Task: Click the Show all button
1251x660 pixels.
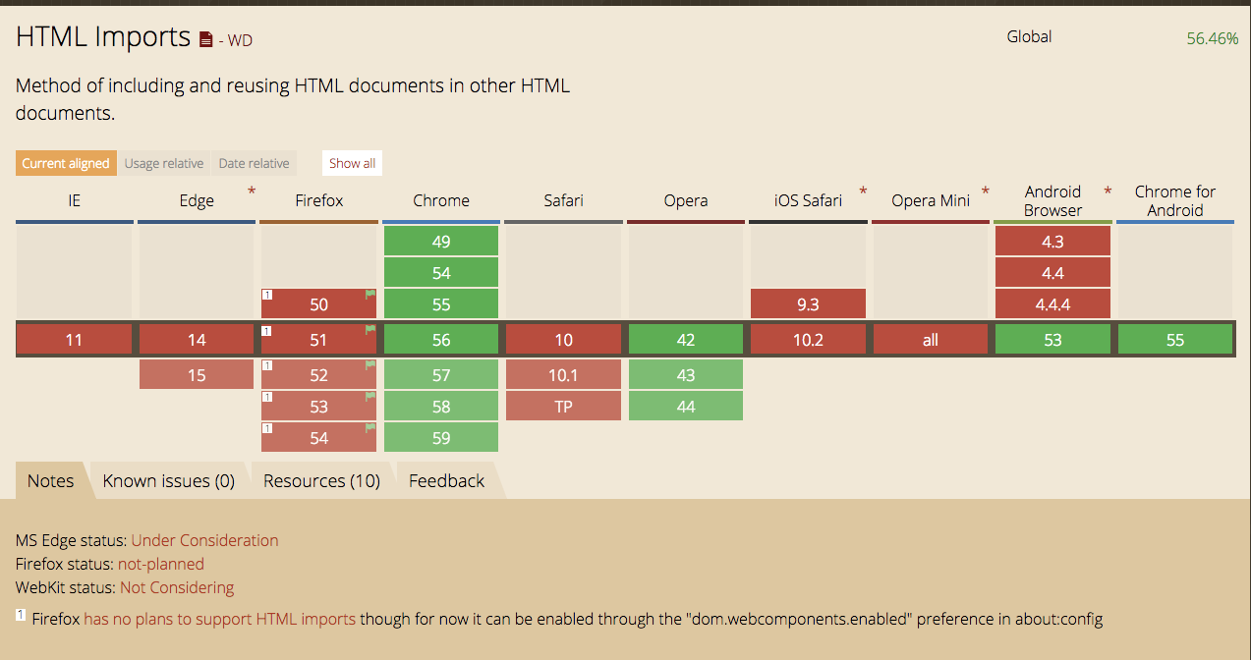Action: coord(352,163)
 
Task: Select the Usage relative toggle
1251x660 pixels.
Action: coord(164,163)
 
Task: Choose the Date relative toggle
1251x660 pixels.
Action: coord(254,163)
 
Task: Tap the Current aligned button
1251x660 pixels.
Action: coord(66,163)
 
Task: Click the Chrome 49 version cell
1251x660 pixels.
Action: coord(441,242)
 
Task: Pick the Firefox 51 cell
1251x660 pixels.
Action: coord(318,340)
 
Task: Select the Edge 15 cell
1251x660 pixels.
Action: coord(197,375)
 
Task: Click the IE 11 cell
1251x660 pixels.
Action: coord(74,340)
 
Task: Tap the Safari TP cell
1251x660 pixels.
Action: coord(563,407)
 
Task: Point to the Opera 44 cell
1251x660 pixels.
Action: coord(686,407)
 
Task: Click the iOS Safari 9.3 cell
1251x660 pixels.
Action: coord(808,304)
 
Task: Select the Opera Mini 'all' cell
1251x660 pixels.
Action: coord(930,340)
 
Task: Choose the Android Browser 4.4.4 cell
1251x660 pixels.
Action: coord(1052,304)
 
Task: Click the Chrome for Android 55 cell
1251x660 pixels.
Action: coord(1175,340)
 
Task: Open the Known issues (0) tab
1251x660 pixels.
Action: coord(169,480)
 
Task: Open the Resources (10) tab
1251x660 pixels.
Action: coord(321,480)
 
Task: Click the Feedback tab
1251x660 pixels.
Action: coord(446,480)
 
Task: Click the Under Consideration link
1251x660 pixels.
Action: coord(204,540)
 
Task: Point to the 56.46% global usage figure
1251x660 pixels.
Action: coord(1212,38)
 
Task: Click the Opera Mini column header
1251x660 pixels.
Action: coord(930,200)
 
